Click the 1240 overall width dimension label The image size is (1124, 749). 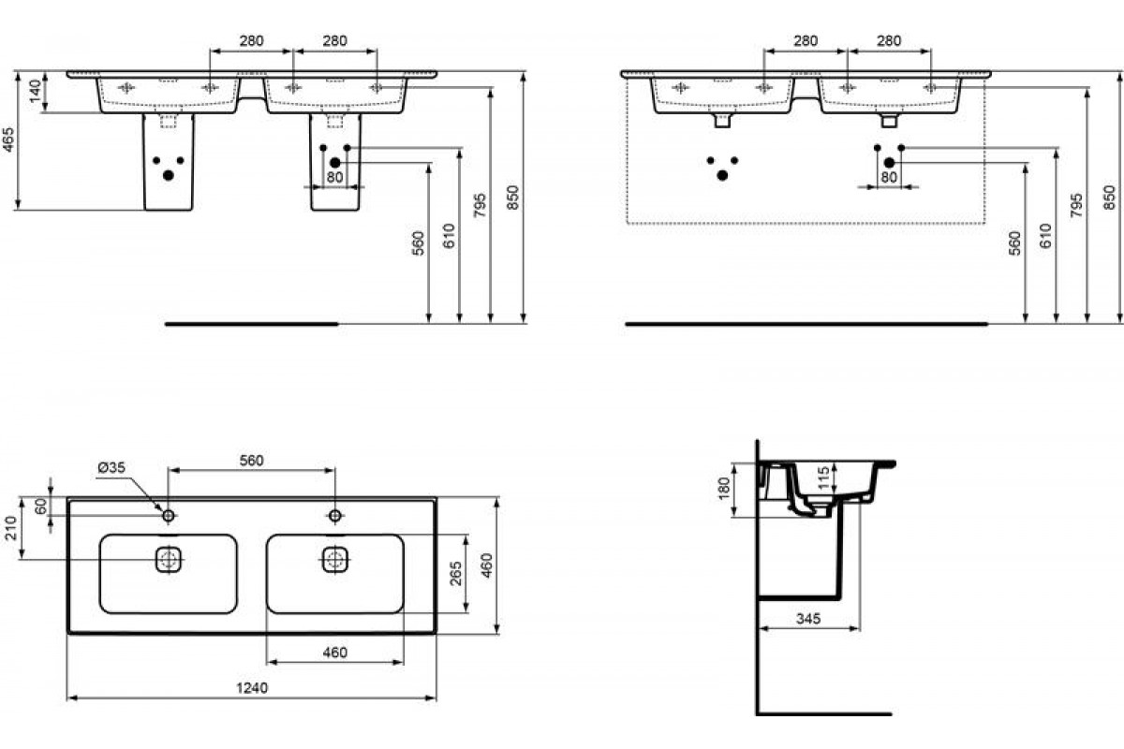(x=252, y=687)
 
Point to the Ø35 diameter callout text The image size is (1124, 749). (x=111, y=467)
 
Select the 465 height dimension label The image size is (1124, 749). (x=8, y=140)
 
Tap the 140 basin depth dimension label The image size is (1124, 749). (x=36, y=91)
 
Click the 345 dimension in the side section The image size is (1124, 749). (x=808, y=619)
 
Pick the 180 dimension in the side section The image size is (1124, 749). (x=723, y=489)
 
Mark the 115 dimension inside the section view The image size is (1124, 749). (x=823, y=478)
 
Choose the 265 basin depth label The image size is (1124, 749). (x=455, y=573)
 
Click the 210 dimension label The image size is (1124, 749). (x=11, y=528)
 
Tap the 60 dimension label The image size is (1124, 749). (x=41, y=506)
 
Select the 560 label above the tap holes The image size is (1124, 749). (x=251, y=460)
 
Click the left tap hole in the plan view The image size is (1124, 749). (x=169, y=515)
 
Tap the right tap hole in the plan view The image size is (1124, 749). (x=334, y=515)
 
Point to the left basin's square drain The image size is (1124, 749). (x=169, y=559)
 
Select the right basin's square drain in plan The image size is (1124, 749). (x=334, y=559)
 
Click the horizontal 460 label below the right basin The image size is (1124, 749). (x=334, y=653)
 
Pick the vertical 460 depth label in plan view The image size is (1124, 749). (x=486, y=565)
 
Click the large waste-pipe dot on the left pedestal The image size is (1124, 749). (x=169, y=175)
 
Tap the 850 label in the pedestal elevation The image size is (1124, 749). (x=512, y=198)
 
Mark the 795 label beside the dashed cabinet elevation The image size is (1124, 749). (x=1077, y=205)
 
